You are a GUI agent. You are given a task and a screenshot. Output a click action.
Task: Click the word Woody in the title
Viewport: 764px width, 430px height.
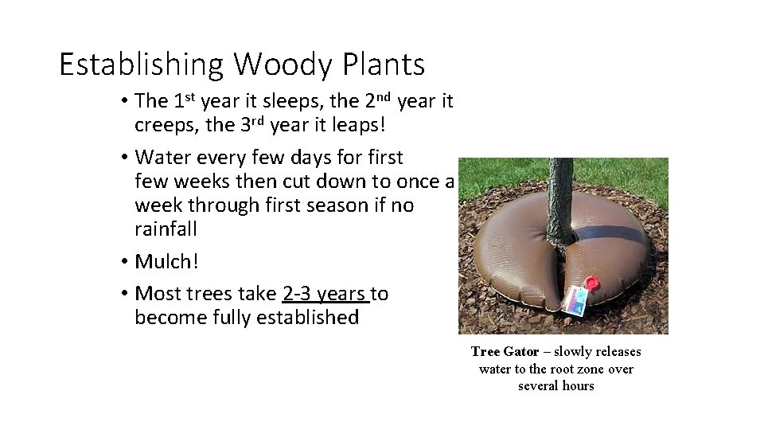pos(276,64)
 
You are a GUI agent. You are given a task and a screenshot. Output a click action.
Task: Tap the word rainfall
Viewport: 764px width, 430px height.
pos(166,229)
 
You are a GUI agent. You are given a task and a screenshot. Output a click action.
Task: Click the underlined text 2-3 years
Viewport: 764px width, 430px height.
pos(325,294)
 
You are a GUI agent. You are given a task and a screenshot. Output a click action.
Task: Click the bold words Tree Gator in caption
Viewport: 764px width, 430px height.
pos(505,351)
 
